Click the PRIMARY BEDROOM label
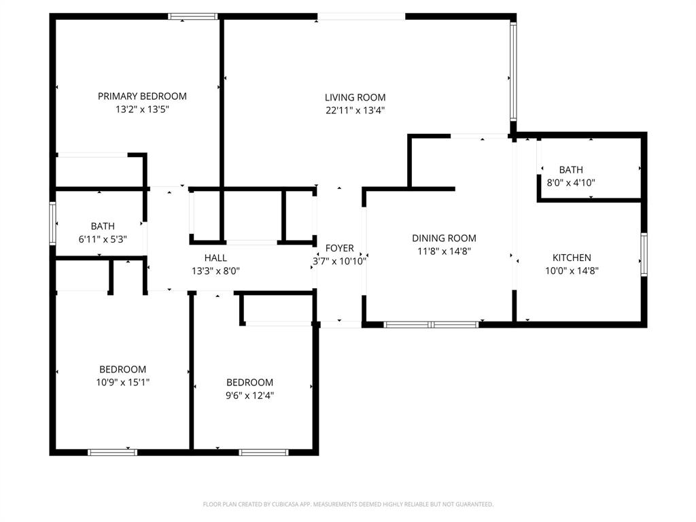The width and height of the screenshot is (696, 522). point(142,97)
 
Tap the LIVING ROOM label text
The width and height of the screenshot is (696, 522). point(355,98)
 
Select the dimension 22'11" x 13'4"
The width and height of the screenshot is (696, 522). point(355,111)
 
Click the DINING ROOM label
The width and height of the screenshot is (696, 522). point(444,239)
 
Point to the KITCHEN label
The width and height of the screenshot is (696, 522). point(571,258)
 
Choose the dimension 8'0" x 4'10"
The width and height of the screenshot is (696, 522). point(571,182)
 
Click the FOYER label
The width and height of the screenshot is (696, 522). point(339,248)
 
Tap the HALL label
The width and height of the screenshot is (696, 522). point(215,258)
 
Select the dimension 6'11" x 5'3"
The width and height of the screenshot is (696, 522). point(103,239)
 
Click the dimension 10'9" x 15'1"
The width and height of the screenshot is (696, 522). point(122,382)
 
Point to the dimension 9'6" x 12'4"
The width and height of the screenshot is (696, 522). point(249,395)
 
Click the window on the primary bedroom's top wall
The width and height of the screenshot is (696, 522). point(193,16)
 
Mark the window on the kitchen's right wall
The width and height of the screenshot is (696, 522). point(644,255)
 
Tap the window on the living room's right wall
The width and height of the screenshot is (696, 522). point(513,71)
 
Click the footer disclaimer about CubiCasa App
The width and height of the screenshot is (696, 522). point(348,504)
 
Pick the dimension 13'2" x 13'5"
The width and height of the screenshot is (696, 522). point(142,109)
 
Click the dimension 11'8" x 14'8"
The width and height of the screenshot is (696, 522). point(444,251)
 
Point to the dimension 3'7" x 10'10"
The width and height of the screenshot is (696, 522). point(339,261)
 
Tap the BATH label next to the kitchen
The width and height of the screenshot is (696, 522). point(571,170)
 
